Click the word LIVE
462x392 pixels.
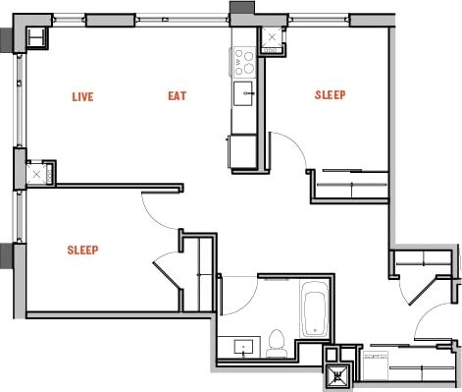83,96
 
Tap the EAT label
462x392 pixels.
177,96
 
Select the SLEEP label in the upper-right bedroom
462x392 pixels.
330,95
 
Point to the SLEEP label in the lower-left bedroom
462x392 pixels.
82,250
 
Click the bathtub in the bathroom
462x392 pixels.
316,308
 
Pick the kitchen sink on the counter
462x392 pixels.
246,94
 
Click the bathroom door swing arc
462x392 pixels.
239,291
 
